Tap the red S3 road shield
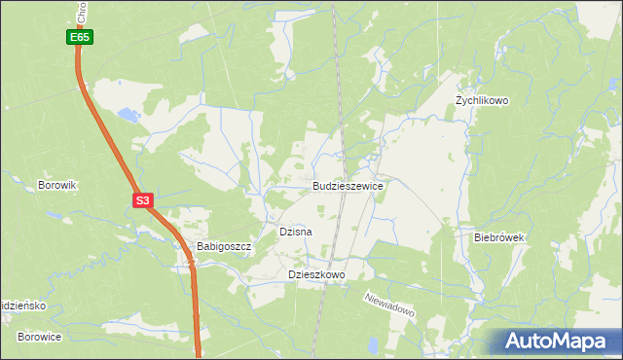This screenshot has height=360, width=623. (x=142, y=200)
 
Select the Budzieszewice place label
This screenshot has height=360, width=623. (x=348, y=185)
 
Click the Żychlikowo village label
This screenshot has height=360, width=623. (x=482, y=101)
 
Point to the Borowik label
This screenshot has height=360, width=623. (x=56, y=185)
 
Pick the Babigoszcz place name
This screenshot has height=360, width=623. (x=224, y=247)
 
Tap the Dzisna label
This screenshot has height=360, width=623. (x=295, y=233)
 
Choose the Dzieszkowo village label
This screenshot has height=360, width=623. (x=317, y=275)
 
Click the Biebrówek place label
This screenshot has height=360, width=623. (x=499, y=237)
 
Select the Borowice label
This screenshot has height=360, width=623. (x=40, y=337)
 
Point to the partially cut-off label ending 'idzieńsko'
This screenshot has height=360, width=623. (x=23, y=305)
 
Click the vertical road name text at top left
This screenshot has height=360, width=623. (x=80, y=12)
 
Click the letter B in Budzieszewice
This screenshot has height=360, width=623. (x=316, y=185)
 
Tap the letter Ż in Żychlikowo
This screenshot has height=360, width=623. (x=459, y=101)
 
